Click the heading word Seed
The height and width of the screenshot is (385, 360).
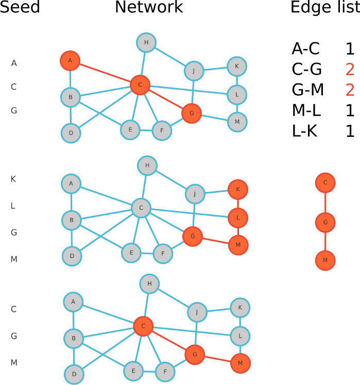click(x=20, y=7)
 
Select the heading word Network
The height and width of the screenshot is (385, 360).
click(x=148, y=7)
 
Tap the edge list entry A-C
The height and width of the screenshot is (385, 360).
click(x=305, y=49)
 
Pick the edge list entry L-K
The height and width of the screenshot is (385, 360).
click(x=305, y=131)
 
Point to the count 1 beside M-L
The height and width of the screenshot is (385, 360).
click(x=350, y=111)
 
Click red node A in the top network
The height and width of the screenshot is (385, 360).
click(x=70, y=61)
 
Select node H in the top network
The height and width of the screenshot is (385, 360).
click(x=146, y=42)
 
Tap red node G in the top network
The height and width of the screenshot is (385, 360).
click(x=192, y=113)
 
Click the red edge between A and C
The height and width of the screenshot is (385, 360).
click(x=105, y=73)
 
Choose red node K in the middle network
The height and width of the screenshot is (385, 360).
click(x=238, y=189)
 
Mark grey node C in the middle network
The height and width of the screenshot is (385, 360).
click(x=141, y=208)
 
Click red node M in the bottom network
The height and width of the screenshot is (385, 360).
click(x=241, y=363)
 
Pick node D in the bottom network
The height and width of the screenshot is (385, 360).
click(x=74, y=375)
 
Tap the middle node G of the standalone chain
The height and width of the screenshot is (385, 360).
click(x=325, y=222)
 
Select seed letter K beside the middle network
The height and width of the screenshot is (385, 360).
click(x=13, y=179)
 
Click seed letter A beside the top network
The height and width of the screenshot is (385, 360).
click(x=14, y=63)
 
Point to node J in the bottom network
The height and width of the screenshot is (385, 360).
click(x=197, y=312)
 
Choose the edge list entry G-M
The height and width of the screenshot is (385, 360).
click(x=307, y=90)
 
